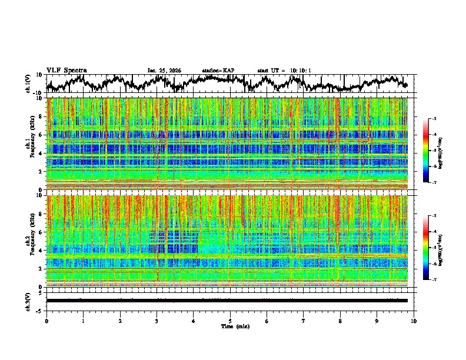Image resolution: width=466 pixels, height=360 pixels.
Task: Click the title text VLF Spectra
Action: coord(66,71)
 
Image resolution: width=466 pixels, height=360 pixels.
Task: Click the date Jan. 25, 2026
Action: coord(164,71)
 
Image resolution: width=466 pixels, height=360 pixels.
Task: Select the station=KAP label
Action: coord(218,71)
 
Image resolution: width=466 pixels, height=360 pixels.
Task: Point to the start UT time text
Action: coord(284,71)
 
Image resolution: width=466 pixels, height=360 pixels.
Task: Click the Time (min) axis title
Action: coord(235,326)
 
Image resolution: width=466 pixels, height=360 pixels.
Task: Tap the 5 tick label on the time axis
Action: coord(230,321)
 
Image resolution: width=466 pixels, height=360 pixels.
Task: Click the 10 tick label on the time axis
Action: coord(414,321)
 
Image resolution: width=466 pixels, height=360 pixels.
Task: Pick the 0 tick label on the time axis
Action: coord(46,321)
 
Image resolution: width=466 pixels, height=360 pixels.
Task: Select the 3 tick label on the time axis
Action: coord(157,321)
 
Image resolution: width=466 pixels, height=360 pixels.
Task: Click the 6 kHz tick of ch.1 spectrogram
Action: coord(41,135)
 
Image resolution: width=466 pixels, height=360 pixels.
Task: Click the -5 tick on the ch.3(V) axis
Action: coord(39,310)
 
